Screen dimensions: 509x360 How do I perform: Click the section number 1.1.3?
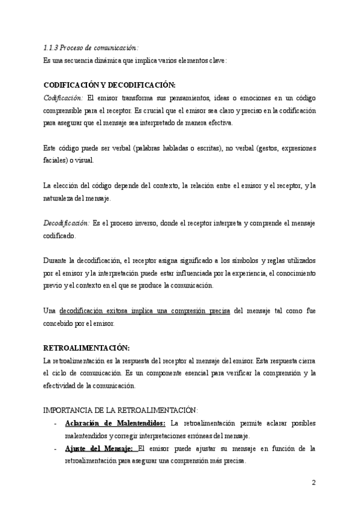[52, 47]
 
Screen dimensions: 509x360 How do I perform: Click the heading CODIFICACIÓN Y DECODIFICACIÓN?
[109, 85]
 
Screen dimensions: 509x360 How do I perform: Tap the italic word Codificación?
[64, 98]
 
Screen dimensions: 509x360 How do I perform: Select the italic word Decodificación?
[67, 223]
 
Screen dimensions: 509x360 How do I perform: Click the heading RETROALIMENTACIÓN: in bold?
[87, 348]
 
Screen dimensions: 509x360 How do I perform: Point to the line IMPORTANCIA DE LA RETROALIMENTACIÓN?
[121, 410]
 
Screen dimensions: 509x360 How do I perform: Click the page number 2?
[313, 483]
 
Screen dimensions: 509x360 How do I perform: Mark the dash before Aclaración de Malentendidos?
[55, 424]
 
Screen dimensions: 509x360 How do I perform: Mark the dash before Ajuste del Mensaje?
[55, 448]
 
